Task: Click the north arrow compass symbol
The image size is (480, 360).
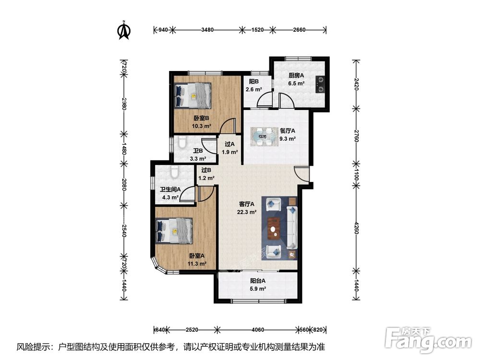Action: point(124,30)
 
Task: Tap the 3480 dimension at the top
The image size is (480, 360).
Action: point(207,30)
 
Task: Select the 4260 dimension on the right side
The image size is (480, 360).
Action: point(356,228)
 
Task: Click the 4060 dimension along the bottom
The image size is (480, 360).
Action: point(257,330)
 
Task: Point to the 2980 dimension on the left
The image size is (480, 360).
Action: point(124,104)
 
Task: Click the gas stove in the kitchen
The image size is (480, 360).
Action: point(321,84)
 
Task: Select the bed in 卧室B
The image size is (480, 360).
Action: point(192,95)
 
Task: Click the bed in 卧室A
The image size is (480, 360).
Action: point(174,230)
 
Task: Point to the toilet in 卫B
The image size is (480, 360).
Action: point(182,143)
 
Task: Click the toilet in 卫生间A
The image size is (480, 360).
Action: point(174,172)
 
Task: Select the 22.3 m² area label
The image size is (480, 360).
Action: point(247,212)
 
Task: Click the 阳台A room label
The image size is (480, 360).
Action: point(258,280)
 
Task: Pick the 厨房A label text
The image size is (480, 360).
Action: point(296,75)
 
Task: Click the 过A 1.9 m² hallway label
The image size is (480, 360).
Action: point(229,148)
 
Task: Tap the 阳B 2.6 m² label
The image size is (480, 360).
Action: point(254,85)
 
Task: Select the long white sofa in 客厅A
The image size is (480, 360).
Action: point(292,227)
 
